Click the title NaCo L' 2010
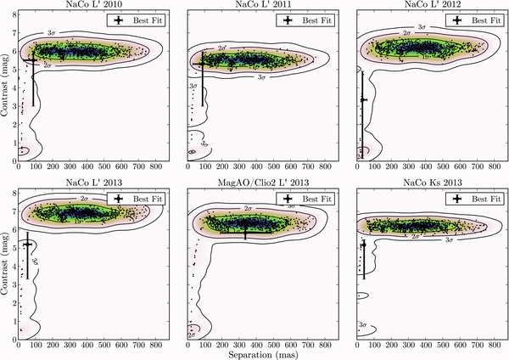coord(87,5)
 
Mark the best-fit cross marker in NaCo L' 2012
coord(362,100)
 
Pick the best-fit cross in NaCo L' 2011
coord(201,65)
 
